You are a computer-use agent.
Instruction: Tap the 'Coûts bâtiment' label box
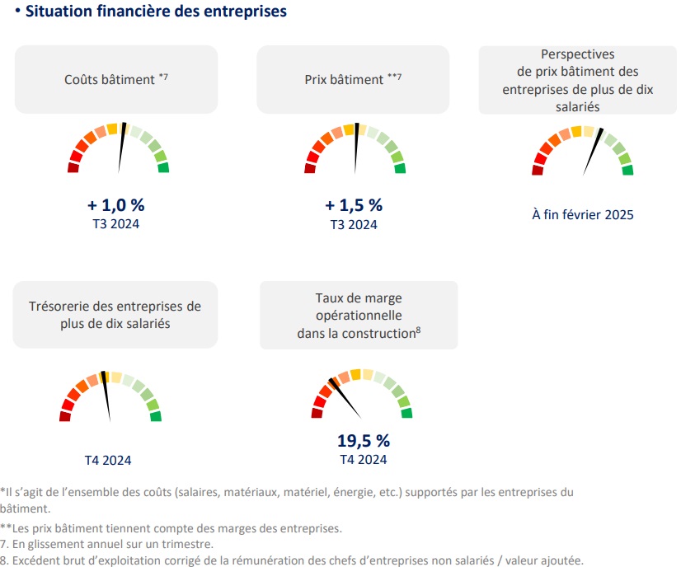coord(116,79)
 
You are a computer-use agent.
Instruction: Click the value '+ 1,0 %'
coord(116,205)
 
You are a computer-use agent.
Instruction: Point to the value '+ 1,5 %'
coord(354,205)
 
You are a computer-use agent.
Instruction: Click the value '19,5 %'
coord(363,441)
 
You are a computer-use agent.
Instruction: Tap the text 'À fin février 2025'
coord(582,215)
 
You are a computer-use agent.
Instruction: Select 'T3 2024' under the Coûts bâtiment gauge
coord(116,223)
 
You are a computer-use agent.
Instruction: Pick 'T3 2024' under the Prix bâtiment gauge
coord(354,223)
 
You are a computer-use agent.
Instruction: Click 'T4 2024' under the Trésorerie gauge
coord(108,460)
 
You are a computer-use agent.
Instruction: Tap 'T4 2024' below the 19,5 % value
coord(363,459)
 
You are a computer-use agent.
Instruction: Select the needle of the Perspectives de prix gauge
coord(594,151)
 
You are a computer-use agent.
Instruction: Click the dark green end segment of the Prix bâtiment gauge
coord(400,168)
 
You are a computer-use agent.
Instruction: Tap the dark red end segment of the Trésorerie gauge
coord(65,416)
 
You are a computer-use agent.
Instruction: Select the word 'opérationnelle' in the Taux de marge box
coord(359,316)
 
